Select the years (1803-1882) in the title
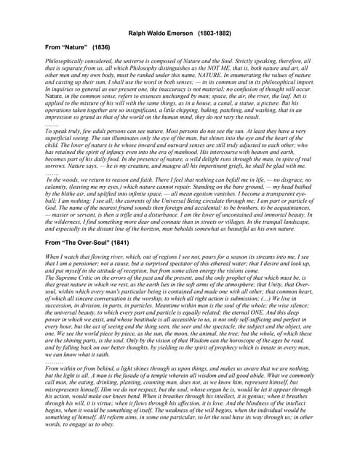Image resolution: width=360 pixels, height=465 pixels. (x=216, y=33)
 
